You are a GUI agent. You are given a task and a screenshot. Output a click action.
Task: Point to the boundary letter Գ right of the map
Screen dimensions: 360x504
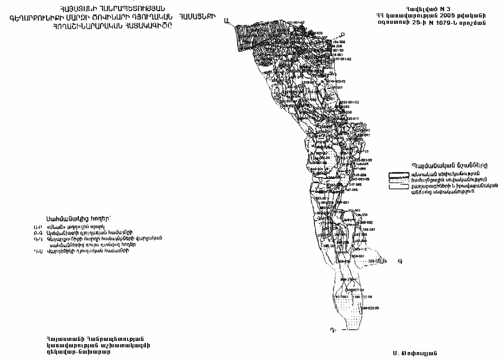click(x=400, y=260)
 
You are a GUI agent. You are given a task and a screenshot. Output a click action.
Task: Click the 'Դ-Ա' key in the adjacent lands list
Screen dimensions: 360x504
click(x=37, y=250)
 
